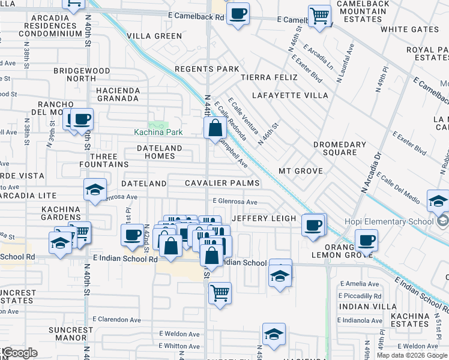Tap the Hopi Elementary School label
point(384,221)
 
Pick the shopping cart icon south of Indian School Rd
point(220,293)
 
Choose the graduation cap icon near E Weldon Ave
point(274,335)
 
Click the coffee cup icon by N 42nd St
point(132,235)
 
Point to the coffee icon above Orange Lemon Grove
point(366,241)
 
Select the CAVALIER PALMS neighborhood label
point(222,183)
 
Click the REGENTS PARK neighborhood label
point(206,69)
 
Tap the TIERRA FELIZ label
point(269,77)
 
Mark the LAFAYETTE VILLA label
point(290,95)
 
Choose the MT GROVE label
point(301,171)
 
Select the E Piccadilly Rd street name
point(360,296)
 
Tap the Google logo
point(20,353)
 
